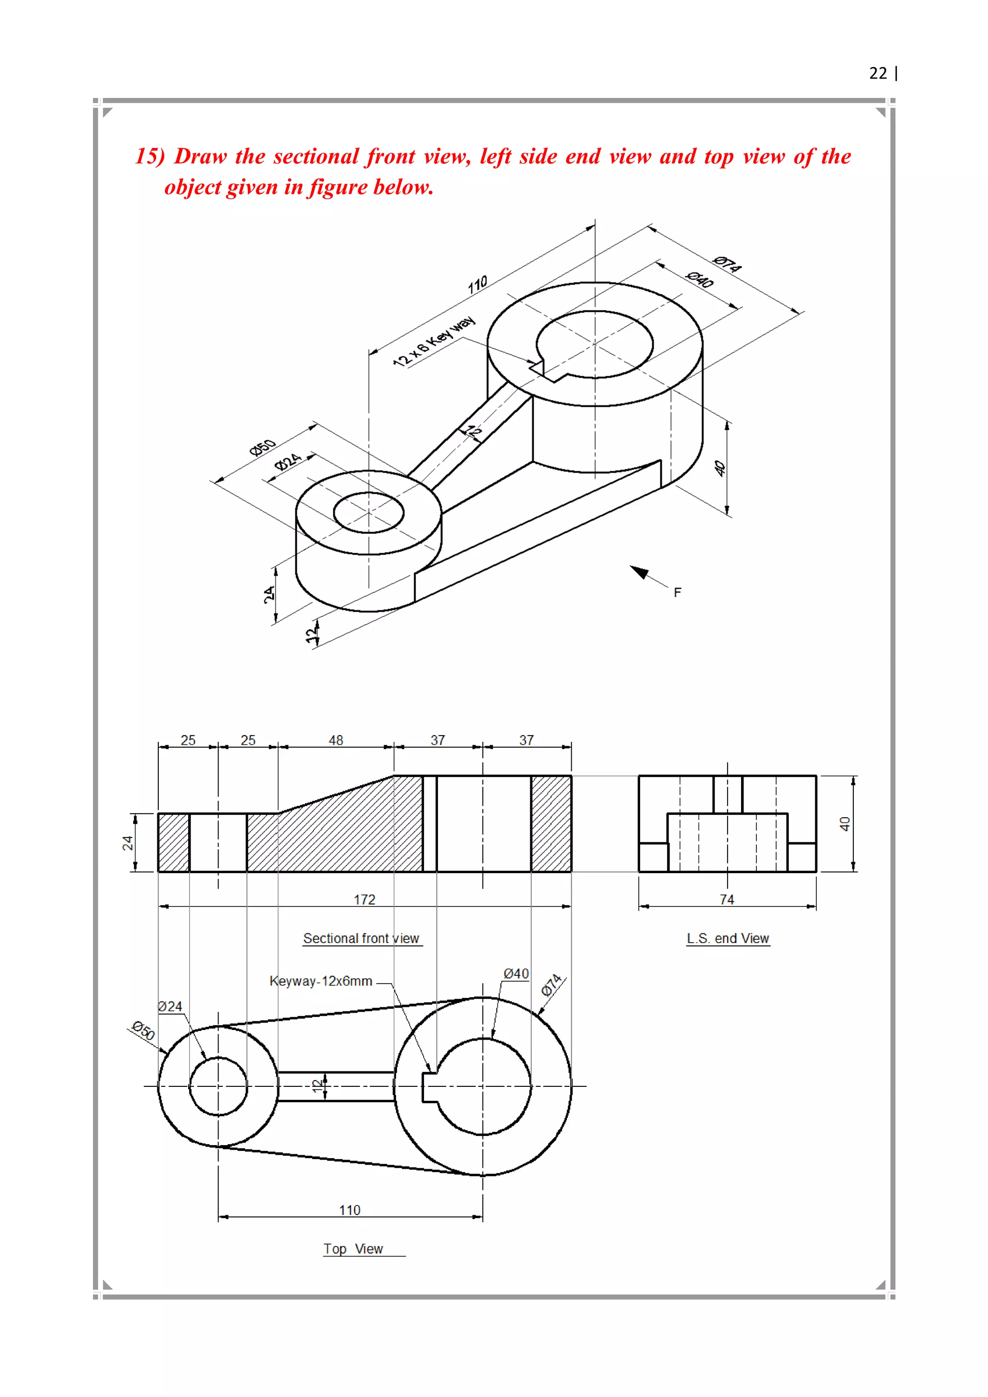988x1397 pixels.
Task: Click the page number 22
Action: tap(878, 74)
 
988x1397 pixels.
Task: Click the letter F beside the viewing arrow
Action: tap(677, 592)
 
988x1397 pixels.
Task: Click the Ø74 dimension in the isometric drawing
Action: tap(727, 264)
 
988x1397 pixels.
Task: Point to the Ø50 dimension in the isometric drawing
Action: tap(263, 447)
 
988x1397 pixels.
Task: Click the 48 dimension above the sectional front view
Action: tap(336, 740)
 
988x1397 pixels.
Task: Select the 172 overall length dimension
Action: tap(364, 899)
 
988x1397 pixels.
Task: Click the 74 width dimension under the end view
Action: tap(727, 899)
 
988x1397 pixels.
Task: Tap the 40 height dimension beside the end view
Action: tap(844, 824)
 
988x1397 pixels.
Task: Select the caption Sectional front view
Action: tap(361, 938)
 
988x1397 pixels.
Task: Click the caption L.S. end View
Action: tap(727, 938)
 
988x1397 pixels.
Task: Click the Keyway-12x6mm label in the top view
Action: tap(321, 981)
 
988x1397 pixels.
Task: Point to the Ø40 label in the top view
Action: tap(516, 973)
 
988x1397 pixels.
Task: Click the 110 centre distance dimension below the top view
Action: tap(350, 1210)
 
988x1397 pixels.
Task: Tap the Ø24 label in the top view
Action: tap(170, 1006)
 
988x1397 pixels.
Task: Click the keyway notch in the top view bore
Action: tap(429, 1087)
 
